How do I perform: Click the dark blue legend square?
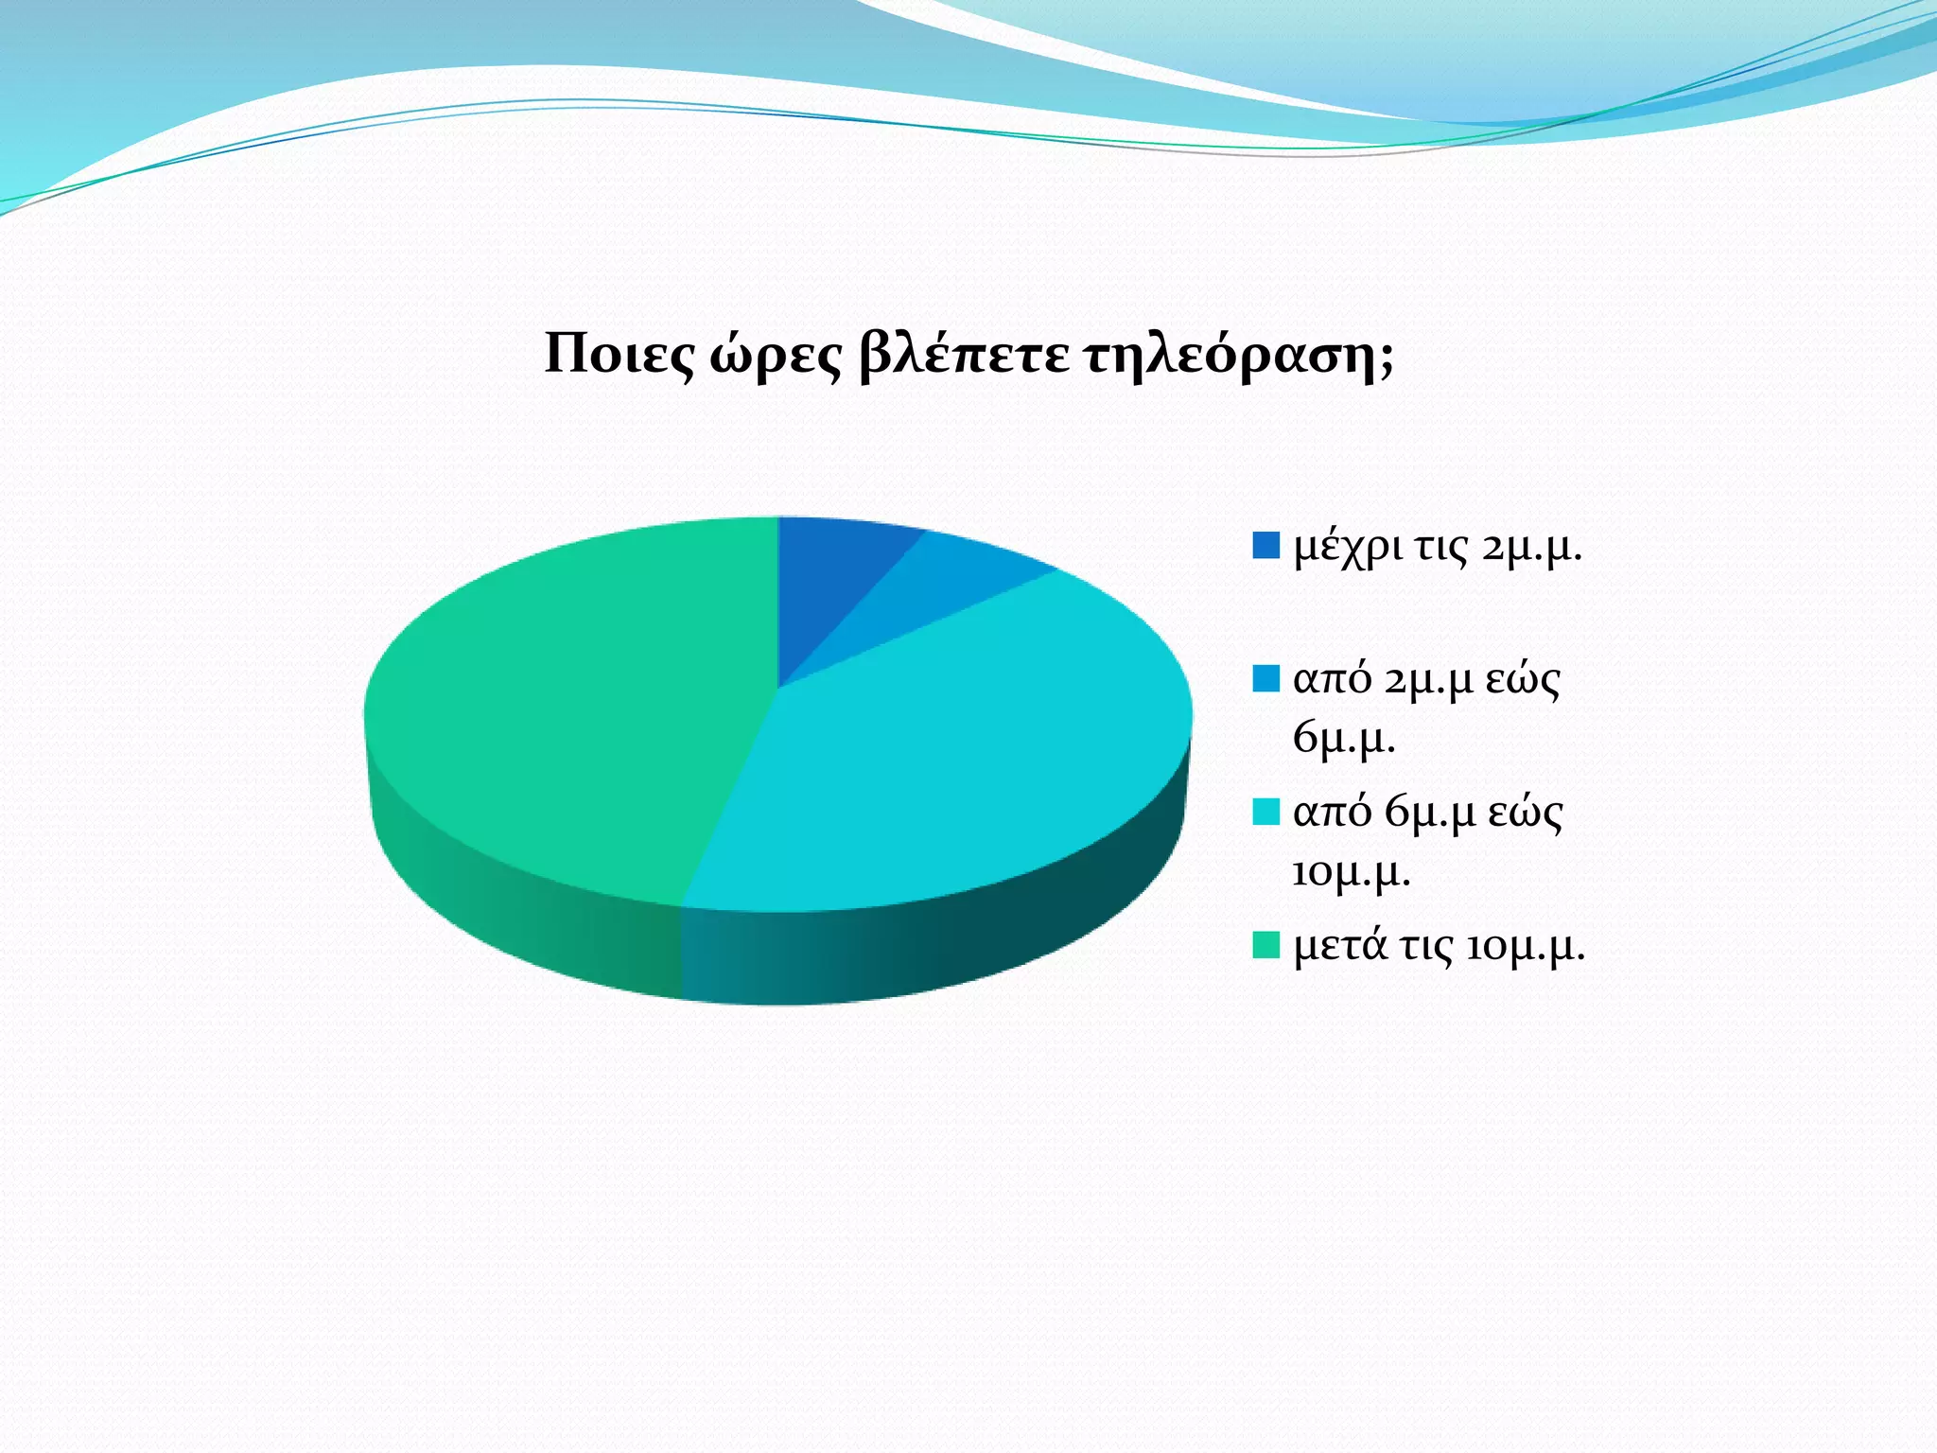(x=1265, y=546)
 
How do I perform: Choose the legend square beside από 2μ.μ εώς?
(x=1265, y=678)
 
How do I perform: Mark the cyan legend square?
(x=1265, y=812)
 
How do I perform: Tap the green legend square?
(x=1265, y=945)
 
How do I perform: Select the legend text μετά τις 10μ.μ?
(x=1439, y=946)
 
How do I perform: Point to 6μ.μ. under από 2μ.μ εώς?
(x=1344, y=737)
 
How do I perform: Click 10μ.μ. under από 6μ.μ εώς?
(x=1351, y=871)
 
